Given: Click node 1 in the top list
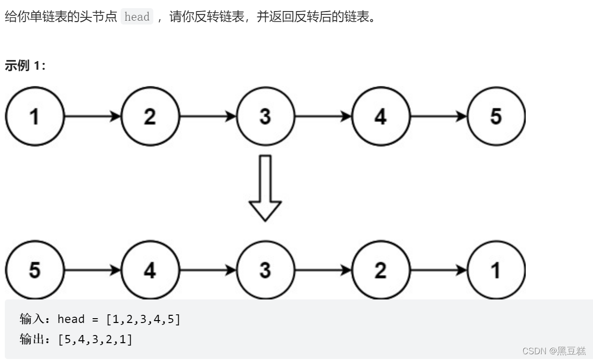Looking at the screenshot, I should (x=34, y=116).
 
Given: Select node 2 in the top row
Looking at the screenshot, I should (x=150, y=116).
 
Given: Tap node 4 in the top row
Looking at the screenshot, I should (x=381, y=116).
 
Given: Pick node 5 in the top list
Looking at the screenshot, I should (x=496, y=116).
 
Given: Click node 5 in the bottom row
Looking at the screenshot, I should (x=34, y=270).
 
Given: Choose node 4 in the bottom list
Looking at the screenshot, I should (x=150, y=270).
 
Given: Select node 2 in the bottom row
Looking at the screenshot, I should (x=381, y=270).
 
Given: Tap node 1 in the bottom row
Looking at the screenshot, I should (x=496, y=270).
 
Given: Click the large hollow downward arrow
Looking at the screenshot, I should (x=265, y=187).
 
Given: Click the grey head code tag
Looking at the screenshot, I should (x=137, y=17).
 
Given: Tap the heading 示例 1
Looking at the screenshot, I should (x=25, y=66).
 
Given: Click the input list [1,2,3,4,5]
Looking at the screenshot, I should (x=143, y=319).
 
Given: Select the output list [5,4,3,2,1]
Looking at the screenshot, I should (x=95, y=339).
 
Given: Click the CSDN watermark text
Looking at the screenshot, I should (x=554, y=351).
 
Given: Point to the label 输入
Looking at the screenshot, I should (x=32, y=319).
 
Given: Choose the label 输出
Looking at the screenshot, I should (x=32, y=339).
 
